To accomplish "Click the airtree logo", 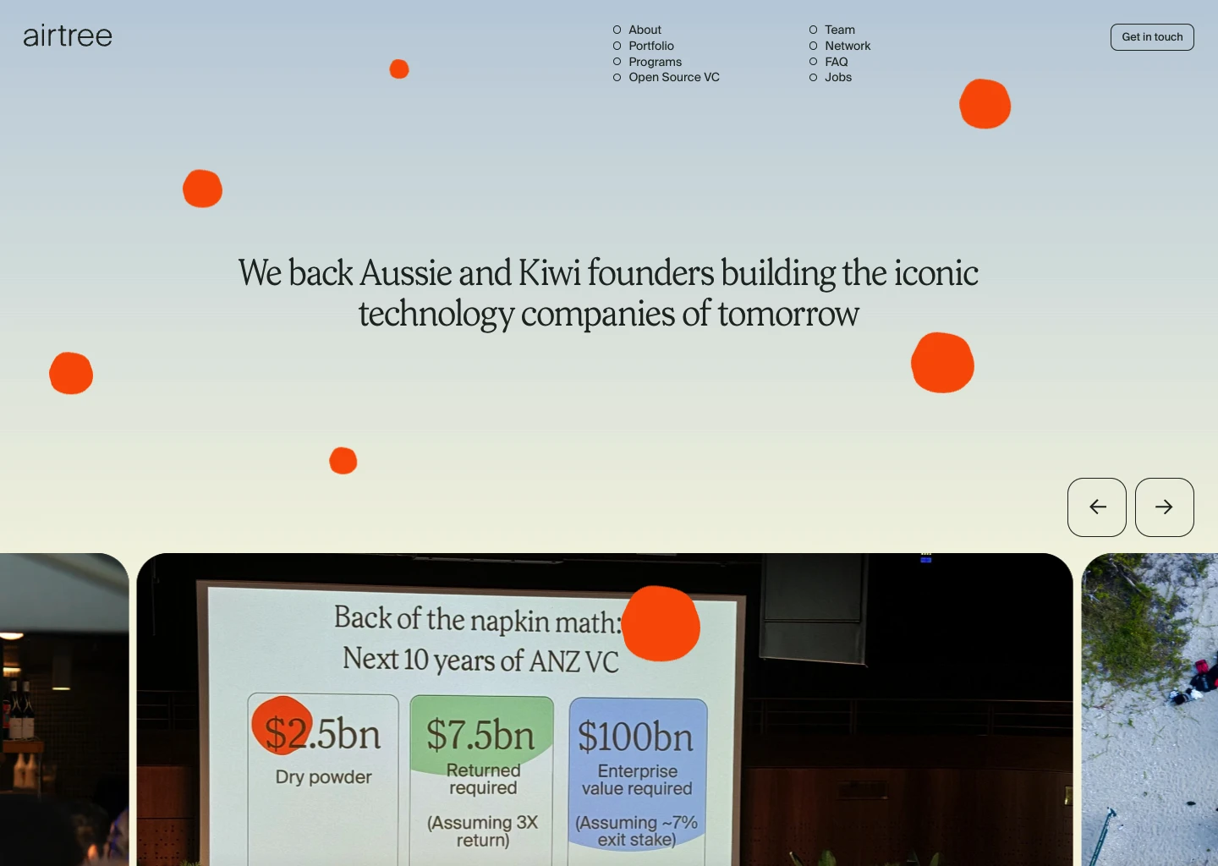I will pos(68,36).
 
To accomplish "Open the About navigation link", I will pos(645,30).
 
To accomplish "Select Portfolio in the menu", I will pos(650,46).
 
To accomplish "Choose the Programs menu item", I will pos(655,62).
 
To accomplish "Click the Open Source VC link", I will pos(673,77).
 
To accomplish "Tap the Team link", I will pos(839,30).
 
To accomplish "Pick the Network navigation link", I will pos(847,46).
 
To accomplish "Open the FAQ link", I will pos(836,62).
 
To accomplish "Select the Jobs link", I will pos(837,77).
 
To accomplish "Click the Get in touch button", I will pos(1152,37).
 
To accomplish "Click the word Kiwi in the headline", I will pos(550,273).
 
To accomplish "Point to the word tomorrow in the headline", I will pos(788,314).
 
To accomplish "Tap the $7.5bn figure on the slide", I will pos(480,734).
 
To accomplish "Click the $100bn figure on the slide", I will pos(636,736).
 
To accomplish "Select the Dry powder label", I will pos(323,777).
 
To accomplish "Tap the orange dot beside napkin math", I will pos(661,623).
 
